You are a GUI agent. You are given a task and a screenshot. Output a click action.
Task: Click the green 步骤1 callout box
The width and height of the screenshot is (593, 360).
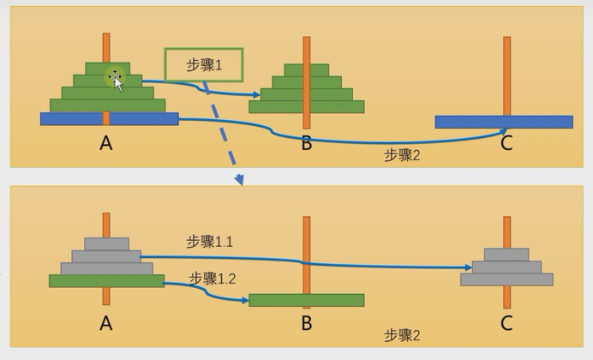pos(204,64)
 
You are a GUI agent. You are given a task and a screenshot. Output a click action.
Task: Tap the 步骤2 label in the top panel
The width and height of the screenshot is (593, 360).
pos(402,155)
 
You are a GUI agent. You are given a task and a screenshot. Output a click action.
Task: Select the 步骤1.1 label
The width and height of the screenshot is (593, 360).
pos(210,243)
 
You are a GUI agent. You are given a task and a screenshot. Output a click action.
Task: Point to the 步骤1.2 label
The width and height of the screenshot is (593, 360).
pos(213,278)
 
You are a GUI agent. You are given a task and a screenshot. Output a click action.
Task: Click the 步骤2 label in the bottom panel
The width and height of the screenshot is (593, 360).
pos(402,335)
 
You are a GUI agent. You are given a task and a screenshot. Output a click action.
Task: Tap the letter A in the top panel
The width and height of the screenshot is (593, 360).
pos(105,143)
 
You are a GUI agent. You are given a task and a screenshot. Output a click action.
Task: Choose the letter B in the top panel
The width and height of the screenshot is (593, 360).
pos(307,143)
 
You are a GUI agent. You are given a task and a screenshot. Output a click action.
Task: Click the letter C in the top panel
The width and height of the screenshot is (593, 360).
pos(506,143)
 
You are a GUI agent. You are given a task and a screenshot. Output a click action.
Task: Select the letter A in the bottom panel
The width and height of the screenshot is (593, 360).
pos(105,323)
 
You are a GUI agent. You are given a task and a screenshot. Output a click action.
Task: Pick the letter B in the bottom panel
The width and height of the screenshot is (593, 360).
pos(307,323)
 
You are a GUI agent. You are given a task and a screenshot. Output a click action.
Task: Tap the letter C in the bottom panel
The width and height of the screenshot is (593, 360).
pos(506,323)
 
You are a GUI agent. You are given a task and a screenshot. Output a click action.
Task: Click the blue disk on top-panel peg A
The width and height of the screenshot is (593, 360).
pos(109,119)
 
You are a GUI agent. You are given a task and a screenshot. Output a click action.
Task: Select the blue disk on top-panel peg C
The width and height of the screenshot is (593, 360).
pos(503,122)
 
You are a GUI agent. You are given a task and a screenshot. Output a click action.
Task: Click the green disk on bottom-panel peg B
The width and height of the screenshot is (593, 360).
pos(306,300)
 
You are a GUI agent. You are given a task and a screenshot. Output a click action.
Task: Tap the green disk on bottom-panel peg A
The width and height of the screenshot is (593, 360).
pos(106,280)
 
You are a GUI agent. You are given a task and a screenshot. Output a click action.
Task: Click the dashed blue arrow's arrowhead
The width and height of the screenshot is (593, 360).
pos(240,180)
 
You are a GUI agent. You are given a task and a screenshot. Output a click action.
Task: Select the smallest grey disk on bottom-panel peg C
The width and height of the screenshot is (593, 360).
pos(506,255)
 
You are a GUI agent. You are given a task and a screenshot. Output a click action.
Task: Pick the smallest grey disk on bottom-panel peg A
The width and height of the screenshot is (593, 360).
pos(106,244)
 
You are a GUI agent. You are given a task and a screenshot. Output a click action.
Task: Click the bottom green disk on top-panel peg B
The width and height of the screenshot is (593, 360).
pos(306,107)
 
